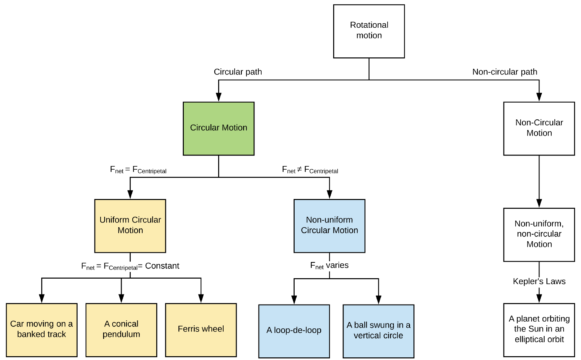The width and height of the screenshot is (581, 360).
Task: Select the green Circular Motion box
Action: coord(218,128)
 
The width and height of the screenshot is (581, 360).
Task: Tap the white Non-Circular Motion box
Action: coord(540,128)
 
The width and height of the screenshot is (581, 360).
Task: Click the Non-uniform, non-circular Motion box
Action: coord(540,229)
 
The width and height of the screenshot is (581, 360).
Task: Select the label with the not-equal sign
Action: coord(318,169)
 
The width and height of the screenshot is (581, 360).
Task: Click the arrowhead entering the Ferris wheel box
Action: coord(201,298)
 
